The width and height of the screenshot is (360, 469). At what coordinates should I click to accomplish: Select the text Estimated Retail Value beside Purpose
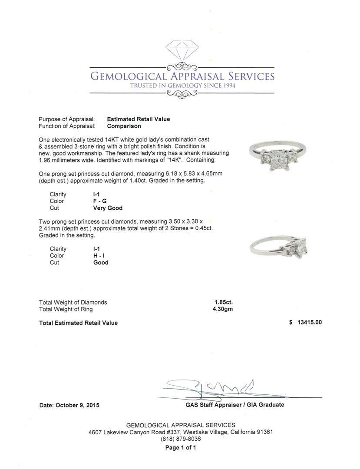[x=139, y=119]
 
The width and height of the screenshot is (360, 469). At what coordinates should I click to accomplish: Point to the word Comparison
[x=124, y=126]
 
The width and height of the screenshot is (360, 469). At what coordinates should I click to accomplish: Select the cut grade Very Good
[x=108, y=208]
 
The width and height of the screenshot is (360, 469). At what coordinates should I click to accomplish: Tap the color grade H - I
[x=99, y=256]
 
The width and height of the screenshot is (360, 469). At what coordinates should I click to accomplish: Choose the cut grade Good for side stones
[x=101, y=263]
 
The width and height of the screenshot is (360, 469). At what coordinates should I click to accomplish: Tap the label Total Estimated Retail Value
[x=78, y=323]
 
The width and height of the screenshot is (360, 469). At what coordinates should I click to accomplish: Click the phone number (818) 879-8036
[x=181, y=439]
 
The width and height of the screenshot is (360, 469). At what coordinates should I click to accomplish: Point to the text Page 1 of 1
[x=181, y=447]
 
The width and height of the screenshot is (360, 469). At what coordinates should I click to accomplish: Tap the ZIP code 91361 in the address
[x=264, y=432]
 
